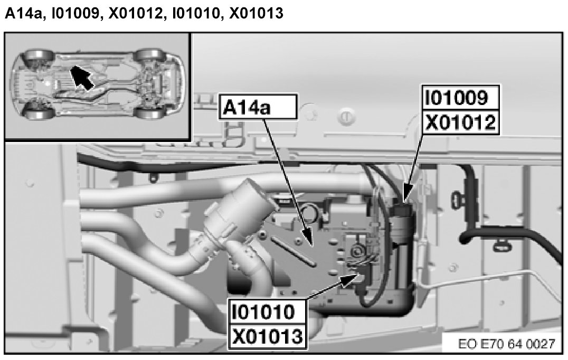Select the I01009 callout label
click(x=460, y=98)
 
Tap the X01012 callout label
click(x=460, y=122)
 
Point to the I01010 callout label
click(x=268, y=311)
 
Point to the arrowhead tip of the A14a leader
click(x=308, y=244)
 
